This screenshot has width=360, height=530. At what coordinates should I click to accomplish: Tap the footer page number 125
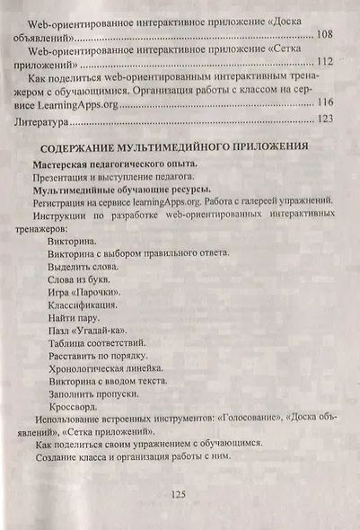tap(177, 495)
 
